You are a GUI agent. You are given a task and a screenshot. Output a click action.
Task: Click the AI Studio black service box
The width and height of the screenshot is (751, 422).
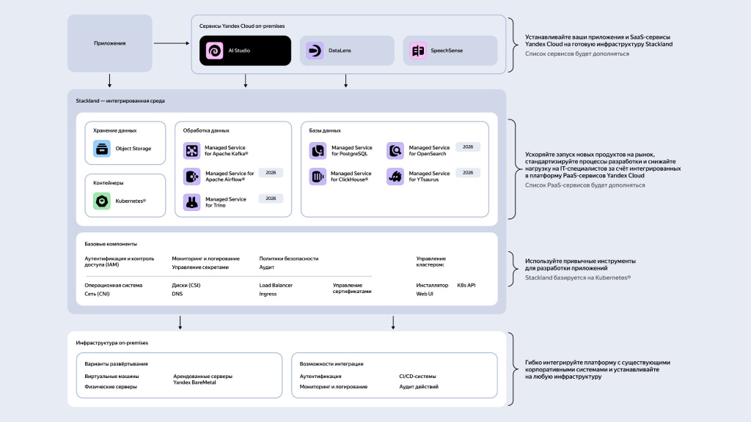(x=235, y=51)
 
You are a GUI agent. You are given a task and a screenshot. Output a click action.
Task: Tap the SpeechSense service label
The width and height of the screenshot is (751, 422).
(x=447, y=51)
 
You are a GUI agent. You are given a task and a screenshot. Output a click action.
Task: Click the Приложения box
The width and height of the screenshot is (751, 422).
(x=110, y=43)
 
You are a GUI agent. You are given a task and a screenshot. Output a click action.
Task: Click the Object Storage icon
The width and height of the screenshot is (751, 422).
(x=102, y=149)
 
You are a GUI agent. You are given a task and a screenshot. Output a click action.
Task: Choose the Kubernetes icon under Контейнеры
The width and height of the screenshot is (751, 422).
(x=102, y=201)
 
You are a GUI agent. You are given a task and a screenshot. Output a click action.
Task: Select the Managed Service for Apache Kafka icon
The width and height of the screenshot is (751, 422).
(x=191, y=151)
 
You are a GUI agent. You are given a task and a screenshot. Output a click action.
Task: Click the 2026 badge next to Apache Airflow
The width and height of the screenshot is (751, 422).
(x=271, y=173)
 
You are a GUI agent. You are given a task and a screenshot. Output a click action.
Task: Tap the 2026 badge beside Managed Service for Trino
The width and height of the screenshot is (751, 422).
(x=271, y=199)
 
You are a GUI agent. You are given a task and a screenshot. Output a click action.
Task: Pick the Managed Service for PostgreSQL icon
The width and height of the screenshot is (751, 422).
(x=318, y=151)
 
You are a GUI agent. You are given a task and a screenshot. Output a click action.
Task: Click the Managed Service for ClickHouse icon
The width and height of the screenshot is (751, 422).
(x=318, y=177)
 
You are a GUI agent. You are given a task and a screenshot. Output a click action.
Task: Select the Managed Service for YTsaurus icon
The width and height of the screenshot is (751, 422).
(x=395, y=177)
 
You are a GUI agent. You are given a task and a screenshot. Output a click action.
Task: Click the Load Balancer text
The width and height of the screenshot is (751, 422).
(x=276, y=285)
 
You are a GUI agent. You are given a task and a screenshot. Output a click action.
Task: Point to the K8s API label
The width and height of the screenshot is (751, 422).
(x=466, y=285)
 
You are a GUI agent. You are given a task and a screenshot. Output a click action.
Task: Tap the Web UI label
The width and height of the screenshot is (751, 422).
(x=425, y=294)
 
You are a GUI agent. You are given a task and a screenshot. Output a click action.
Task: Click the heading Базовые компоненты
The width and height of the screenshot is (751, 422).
(x=111, y=244)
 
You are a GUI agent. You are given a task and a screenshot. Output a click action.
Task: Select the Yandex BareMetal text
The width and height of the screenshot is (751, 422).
(x=196, y=382)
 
